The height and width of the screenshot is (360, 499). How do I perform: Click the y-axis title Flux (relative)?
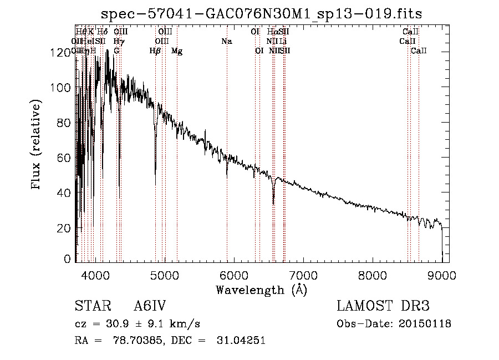coord(37,145)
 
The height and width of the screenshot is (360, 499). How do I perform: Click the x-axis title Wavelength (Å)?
coord(261,290)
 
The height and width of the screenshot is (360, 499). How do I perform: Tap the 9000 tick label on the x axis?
coord(442,275)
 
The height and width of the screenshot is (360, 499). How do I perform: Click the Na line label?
coord(226,41)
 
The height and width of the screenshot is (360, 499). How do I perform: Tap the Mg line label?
coord(177,51)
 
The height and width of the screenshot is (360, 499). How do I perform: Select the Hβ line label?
coord(156,51)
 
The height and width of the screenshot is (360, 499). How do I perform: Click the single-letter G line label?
coord(116,51)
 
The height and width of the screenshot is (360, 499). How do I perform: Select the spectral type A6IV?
coord(150,306)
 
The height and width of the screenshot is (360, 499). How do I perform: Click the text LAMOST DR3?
coord(383,306)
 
